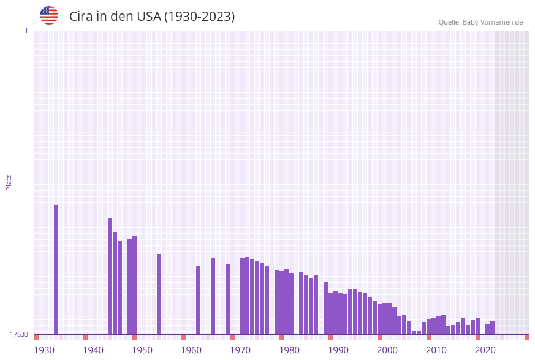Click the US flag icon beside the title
pyautogui.click(x=49, y=15)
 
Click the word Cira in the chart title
pyautogui.click(x=81, y=17)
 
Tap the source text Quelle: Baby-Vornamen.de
pyautogui.click(x=480, y=22)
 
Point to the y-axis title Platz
pyautogui.click(x=9, y=182)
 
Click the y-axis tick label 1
pyautogui.click(x=26, y=31)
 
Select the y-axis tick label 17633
pyautogui.click(x=19, y=334)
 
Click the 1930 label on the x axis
pyautogui.click(x=44, y=350)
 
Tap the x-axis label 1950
pyautogui.click(x=142, y=350)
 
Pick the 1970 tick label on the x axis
pyautogui.click(x=240, y=350)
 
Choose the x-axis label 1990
pyautogui.click(x=338, y=350)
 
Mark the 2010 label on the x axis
pyautogui.click(x=436, y=350)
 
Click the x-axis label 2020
pyautogui.click(x=485, y=350)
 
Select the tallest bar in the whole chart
pyautogui.click(x=56, y=270)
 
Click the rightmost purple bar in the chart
pyautogui.click(x=492, y=327)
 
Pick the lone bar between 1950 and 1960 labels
pyautogui.click(x=159, y=294)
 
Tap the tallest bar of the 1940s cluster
pyautogui.click(x=110, y=276)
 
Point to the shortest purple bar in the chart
pyautogui.click(x=419, y=332)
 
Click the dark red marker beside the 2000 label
pyautogui.click(x=379, y=337)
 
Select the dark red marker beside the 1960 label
pyautogui.click(x=183, y=337)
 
